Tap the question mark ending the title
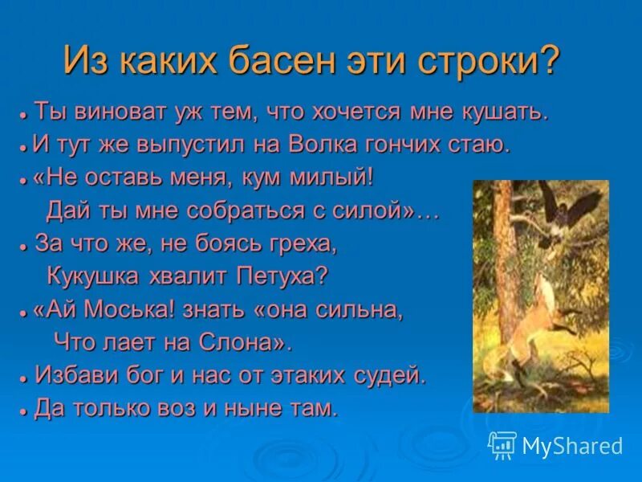tap(548, 62)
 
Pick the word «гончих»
tap(425, 145)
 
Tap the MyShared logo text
tap(571, 445)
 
